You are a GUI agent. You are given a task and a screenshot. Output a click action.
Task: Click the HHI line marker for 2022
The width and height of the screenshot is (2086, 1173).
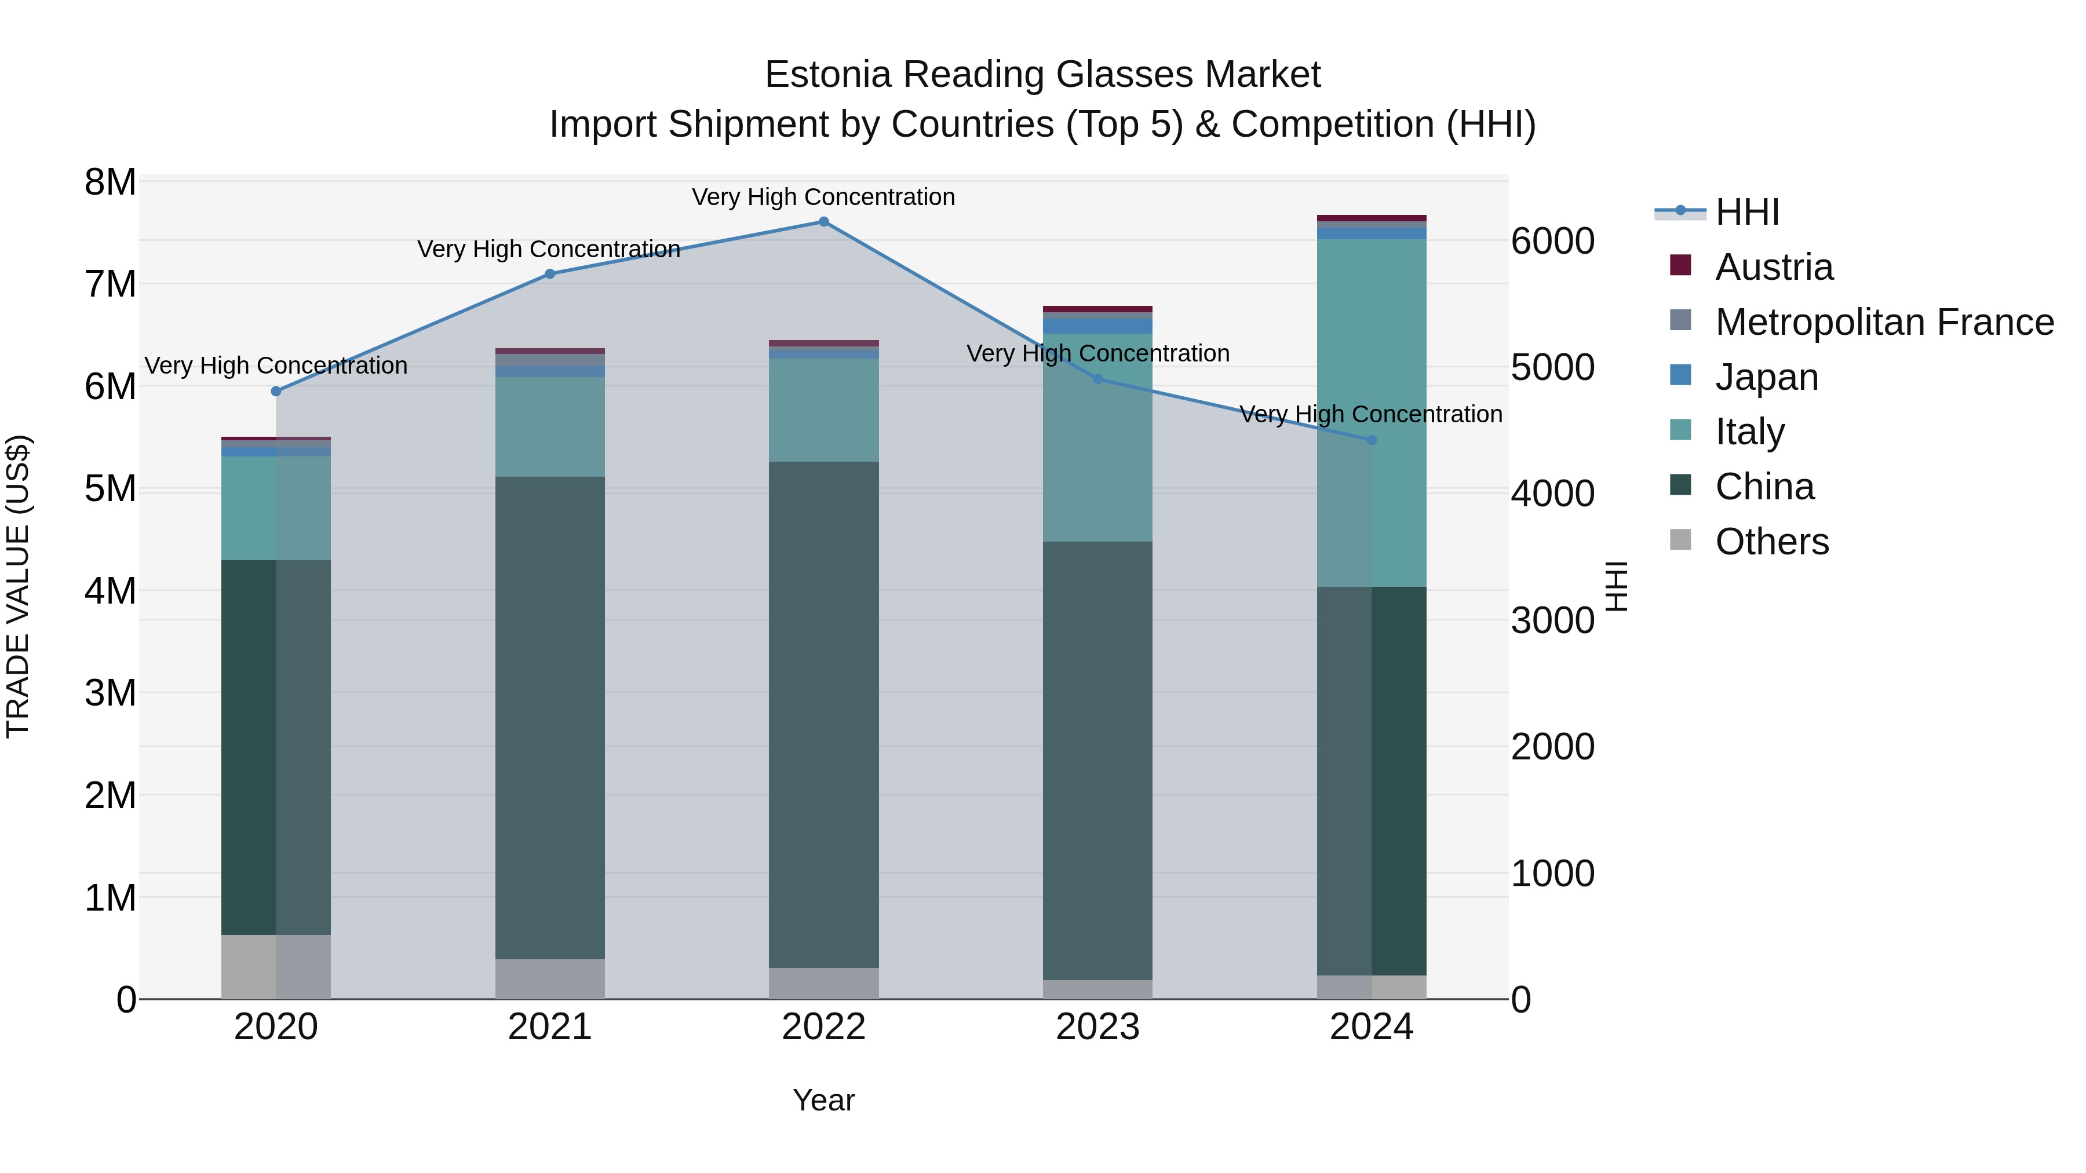click(x=823, y=222)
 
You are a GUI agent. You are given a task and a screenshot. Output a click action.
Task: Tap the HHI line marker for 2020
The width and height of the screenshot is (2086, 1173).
click(x=276, y=391)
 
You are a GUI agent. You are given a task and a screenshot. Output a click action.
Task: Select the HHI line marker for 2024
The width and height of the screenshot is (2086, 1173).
click(x=1372, y=440)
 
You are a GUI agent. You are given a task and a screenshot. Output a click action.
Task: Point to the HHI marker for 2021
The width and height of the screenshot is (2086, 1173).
click(x=550, y=273)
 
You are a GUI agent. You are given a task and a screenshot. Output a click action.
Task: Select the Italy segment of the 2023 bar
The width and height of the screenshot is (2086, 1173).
click(x=1097, y=437)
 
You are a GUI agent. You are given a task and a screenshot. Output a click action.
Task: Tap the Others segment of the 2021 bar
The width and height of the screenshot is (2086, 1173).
click(x=550, y=979)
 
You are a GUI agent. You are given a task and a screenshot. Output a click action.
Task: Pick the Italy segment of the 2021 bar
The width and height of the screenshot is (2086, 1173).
click(x=550, y=426)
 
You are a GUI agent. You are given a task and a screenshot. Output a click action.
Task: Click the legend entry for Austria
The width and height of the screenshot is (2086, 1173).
click(x=1774, y=267)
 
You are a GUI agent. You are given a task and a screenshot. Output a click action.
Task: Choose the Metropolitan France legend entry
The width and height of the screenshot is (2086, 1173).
click(x=1884, y=322)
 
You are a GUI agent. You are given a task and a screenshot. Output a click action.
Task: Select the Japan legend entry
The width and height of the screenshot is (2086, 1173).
click(x=1766, y=377)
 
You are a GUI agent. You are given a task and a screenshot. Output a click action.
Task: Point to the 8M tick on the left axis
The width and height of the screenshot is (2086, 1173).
click(x=110, y=182)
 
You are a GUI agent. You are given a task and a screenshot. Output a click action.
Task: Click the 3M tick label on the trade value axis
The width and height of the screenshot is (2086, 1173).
click(x=110, y=693)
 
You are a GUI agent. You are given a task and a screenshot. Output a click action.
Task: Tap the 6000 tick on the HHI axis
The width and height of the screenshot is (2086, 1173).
click(x=1552, y=241)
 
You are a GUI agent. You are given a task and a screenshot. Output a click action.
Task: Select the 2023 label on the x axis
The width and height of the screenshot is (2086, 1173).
click(x=1097, y=1027)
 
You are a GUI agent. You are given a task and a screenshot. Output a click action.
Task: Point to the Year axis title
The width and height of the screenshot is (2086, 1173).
click(x=823, y=1100)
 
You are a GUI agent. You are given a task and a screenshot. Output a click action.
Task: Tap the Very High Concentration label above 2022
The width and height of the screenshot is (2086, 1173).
click(x=823, y=197)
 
